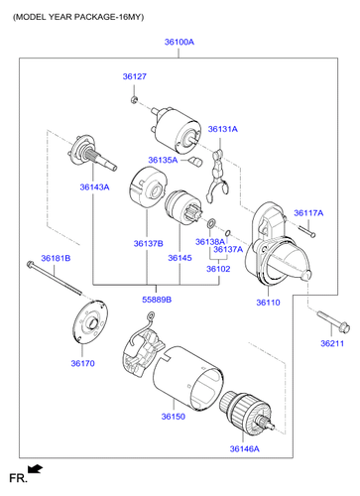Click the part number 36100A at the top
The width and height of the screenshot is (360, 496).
coord(180,42)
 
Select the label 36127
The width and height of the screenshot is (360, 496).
coord(135,76)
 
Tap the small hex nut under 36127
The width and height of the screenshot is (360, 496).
coord(134,99)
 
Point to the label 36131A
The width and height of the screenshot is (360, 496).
coord(223,129)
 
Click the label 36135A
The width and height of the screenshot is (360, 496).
coord(163,160)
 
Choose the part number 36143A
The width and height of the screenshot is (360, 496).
coord(94,187)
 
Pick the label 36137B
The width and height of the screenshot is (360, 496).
coord(149,244)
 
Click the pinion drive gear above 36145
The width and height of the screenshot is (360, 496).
coord(182,206)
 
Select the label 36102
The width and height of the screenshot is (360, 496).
coord(218,269)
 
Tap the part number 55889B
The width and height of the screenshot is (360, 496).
coord(157,300)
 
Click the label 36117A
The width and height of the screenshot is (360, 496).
coord(308,213)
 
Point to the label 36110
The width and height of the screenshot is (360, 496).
coord(268,303)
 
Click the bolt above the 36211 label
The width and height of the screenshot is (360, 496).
coord(333,321)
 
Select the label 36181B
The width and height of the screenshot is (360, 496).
coord(56,258)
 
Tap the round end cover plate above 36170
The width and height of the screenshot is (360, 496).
coord(90,321)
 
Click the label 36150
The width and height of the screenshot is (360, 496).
coord(174,417)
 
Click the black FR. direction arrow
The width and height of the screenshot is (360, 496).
coord(35,469)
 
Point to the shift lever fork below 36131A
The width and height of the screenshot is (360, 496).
coord(216,177)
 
